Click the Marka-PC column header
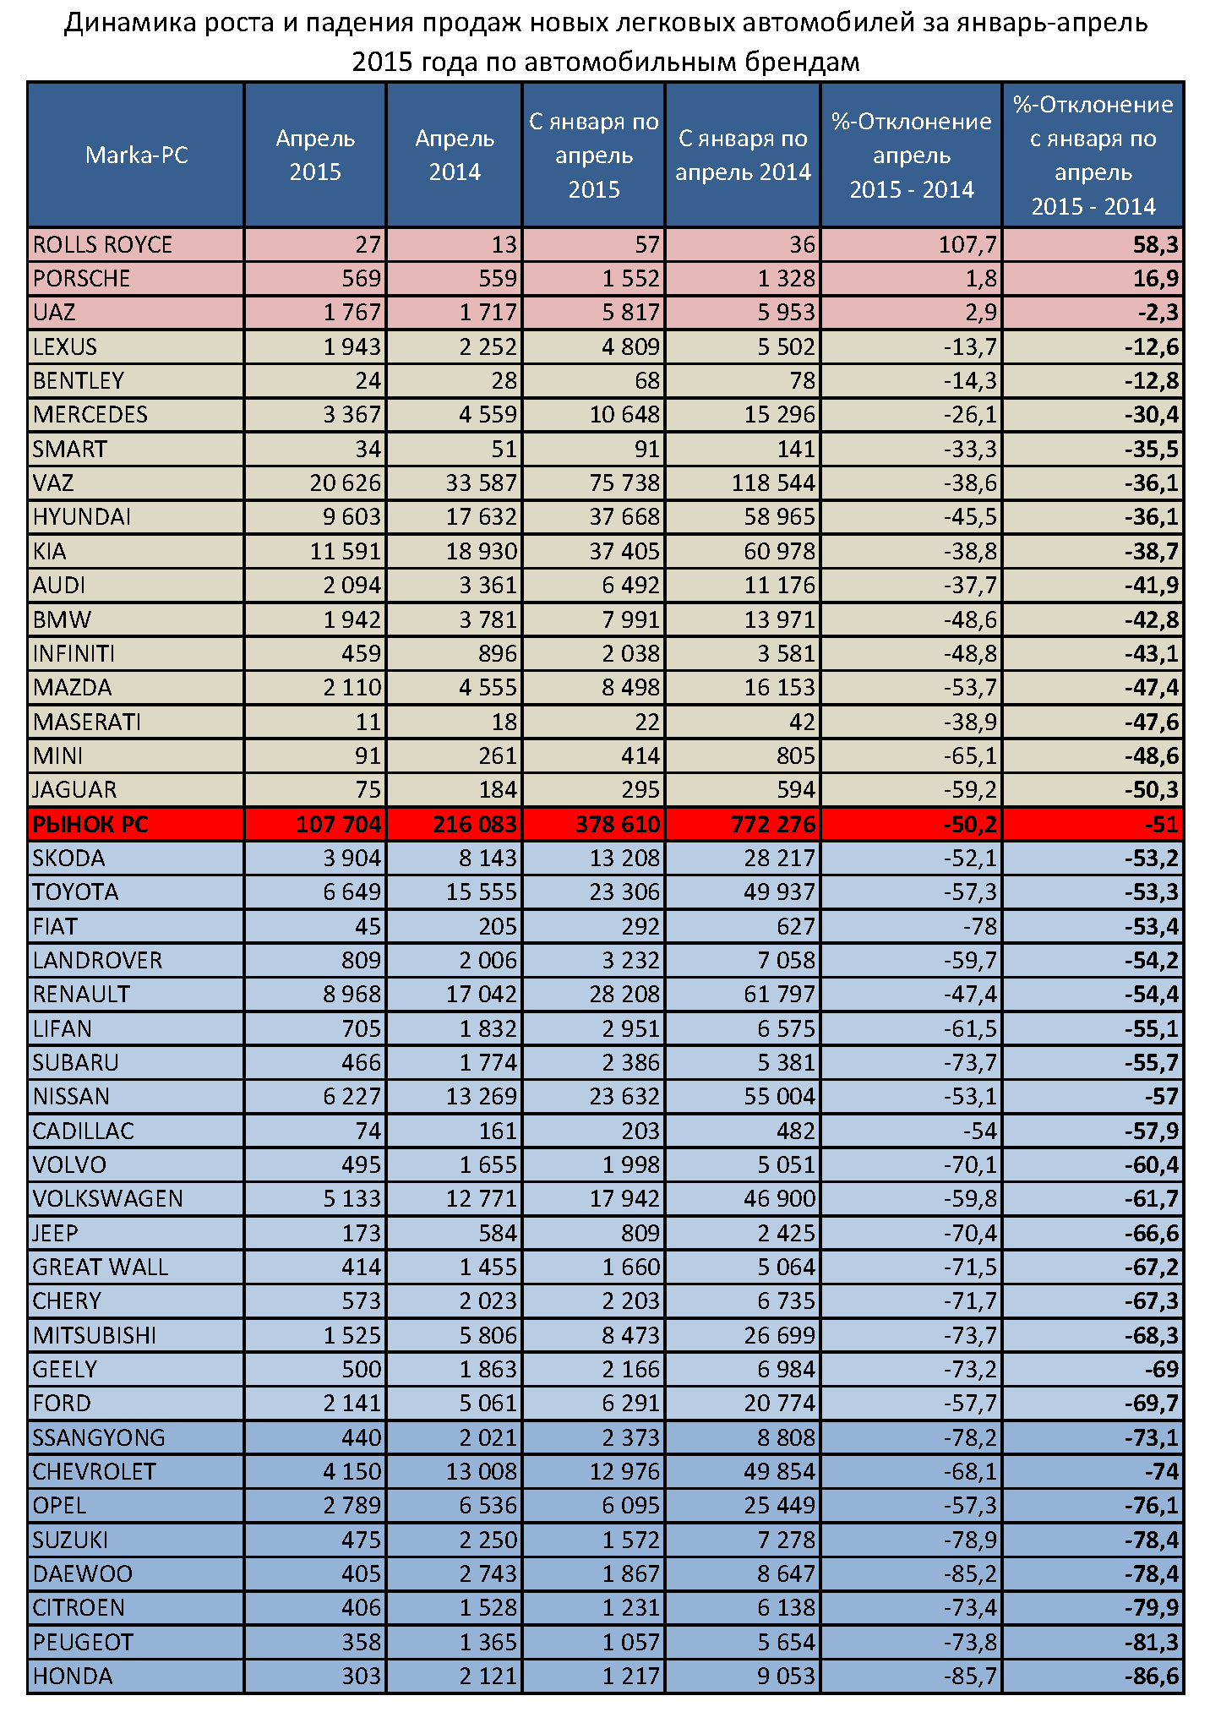136,155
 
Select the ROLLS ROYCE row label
102,245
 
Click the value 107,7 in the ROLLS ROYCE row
967,245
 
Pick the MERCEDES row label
90,415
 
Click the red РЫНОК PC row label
90,824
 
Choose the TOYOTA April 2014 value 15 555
481,892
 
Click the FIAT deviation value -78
980,927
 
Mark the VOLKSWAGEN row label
108,1199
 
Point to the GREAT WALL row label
101,1268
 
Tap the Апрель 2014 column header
455,155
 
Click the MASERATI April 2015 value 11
368,722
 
